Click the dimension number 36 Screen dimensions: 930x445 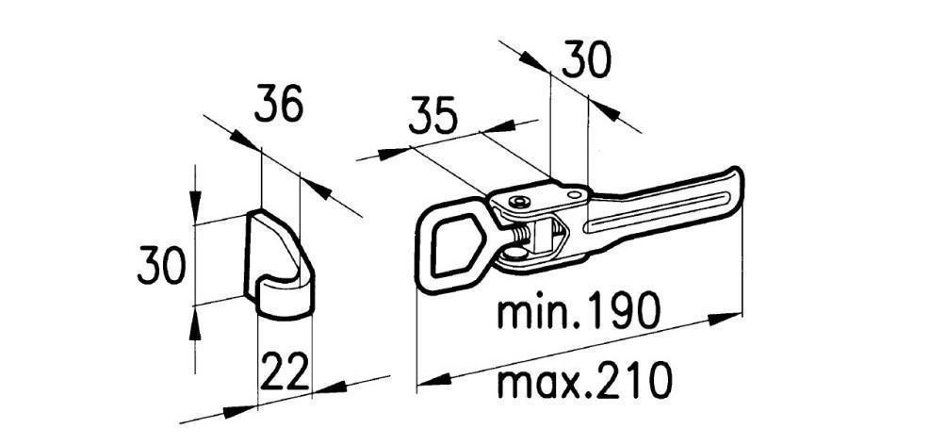pos(279,104)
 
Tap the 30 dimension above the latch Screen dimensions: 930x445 pos(586,59)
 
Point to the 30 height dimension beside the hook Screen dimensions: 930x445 pos(162,266)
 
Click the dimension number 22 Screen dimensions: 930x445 pos(285,372)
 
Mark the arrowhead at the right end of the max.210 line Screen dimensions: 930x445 pos(725,319)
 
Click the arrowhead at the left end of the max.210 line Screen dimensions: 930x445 pos(434,381)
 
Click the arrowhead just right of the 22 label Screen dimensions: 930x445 pos(329,388)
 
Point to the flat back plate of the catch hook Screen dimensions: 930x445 pos(252,256)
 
